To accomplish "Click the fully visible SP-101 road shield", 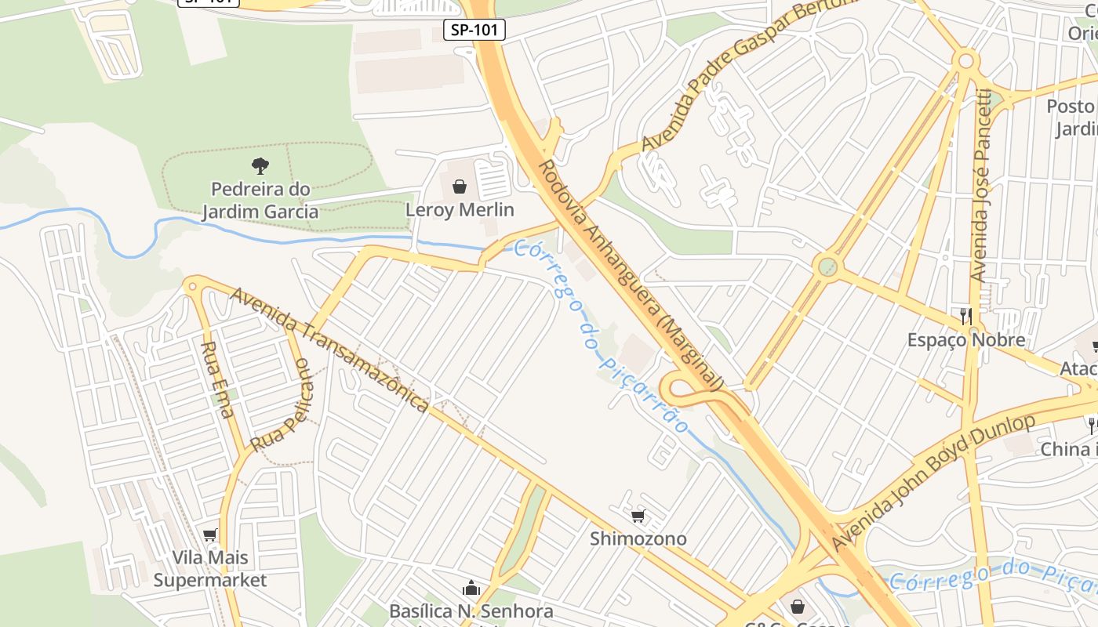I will [x=474, y=31].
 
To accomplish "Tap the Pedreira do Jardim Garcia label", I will [x=260, y=201].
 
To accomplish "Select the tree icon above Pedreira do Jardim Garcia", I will [x=260, y=165].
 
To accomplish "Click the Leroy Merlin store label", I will [x=460, y=210].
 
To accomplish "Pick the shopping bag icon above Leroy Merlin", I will [x=460, y=187].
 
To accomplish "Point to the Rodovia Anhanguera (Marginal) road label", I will [x=630, y=275].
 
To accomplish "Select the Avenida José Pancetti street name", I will [x=980, y=187].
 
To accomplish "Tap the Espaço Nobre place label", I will [x=966, y=340].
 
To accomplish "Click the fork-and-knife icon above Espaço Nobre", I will [x=966, y=316].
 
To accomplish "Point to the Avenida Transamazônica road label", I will [x=329, y=349].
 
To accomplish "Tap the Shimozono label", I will [x=638, y=539].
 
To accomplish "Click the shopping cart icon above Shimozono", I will [x=638, y=516].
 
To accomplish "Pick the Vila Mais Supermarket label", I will [x=210, y=569].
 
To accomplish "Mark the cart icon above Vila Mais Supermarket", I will [x=209, y=535].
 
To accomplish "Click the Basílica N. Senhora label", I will [x=471, y=611].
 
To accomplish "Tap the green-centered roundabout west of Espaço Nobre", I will [x=827, y=266].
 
